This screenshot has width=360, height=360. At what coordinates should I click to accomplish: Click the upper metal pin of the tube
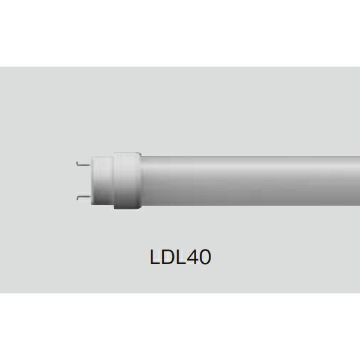[x=84, y=163]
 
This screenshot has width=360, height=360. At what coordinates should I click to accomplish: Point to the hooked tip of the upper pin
[x=78, y=162]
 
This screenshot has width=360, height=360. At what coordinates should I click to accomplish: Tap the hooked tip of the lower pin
[x=78, y=196]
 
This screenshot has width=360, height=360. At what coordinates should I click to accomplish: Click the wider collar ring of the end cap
[x=126, y=179]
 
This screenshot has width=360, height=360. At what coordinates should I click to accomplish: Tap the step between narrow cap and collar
[x=113, y=179]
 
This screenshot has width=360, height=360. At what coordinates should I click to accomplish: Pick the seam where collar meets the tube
[x=140, y=179]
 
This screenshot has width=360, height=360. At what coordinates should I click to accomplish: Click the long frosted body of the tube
[x=252, y=179]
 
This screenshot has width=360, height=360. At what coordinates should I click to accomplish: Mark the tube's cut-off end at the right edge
[x=358, y=179]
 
